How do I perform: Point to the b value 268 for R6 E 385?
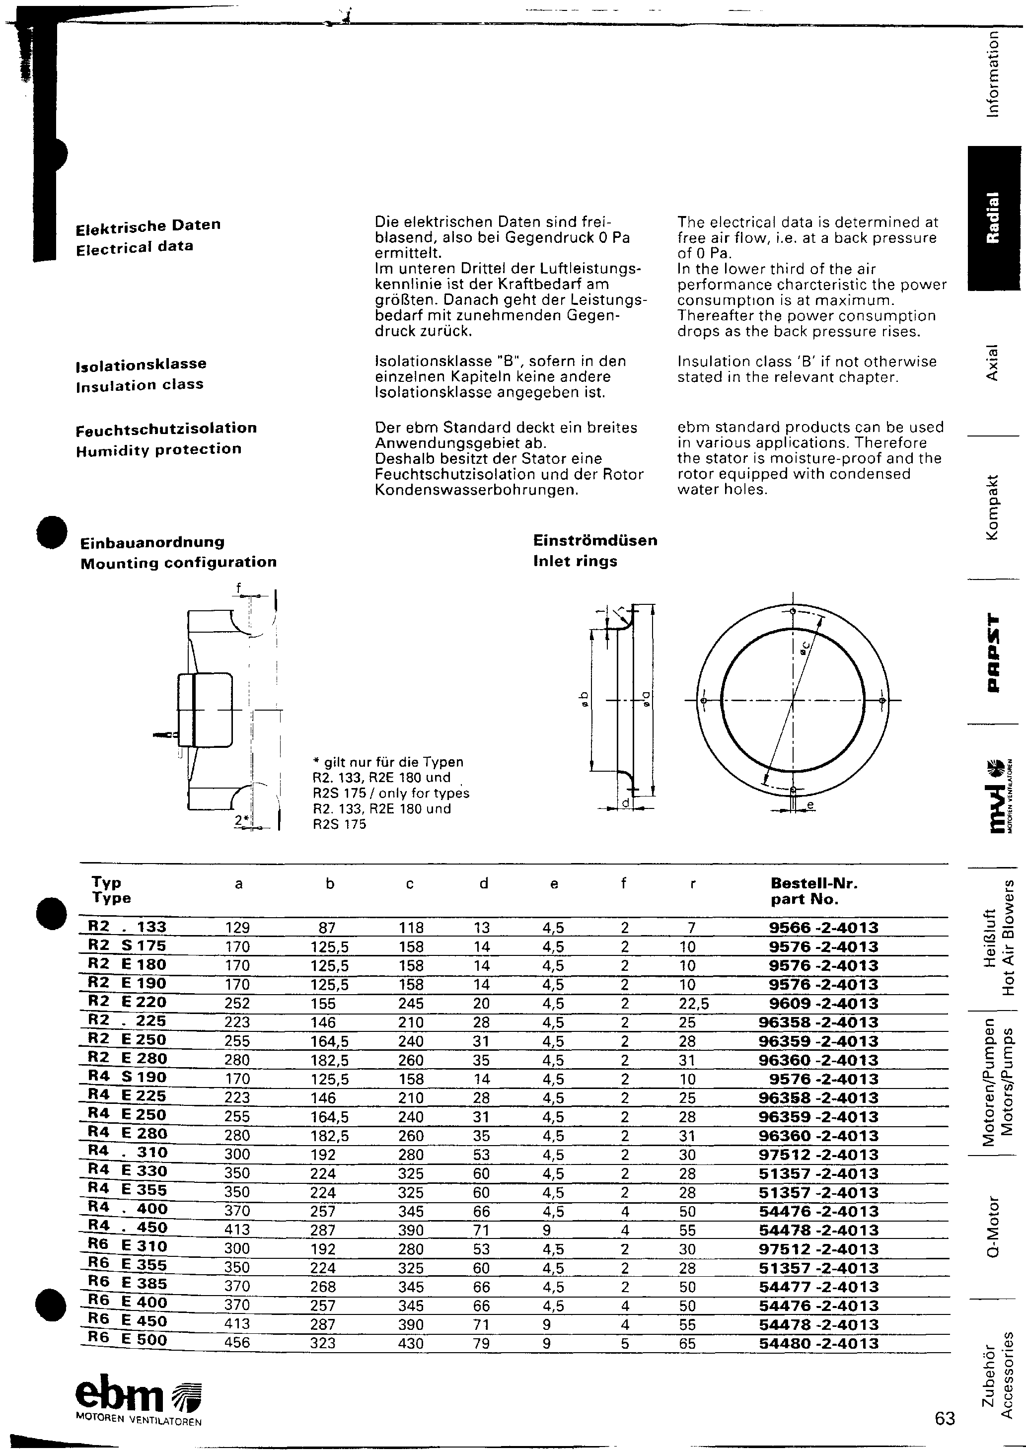[x=323, y=1286]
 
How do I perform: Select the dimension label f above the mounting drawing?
[x=238, y=587]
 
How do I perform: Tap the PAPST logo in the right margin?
[x=994, y=652]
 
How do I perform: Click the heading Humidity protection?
[x=159, y=449]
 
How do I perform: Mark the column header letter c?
[x=409, y=884]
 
